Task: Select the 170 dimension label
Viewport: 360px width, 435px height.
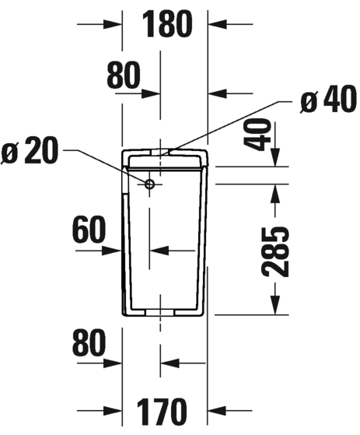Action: click(x=164, y=410)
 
